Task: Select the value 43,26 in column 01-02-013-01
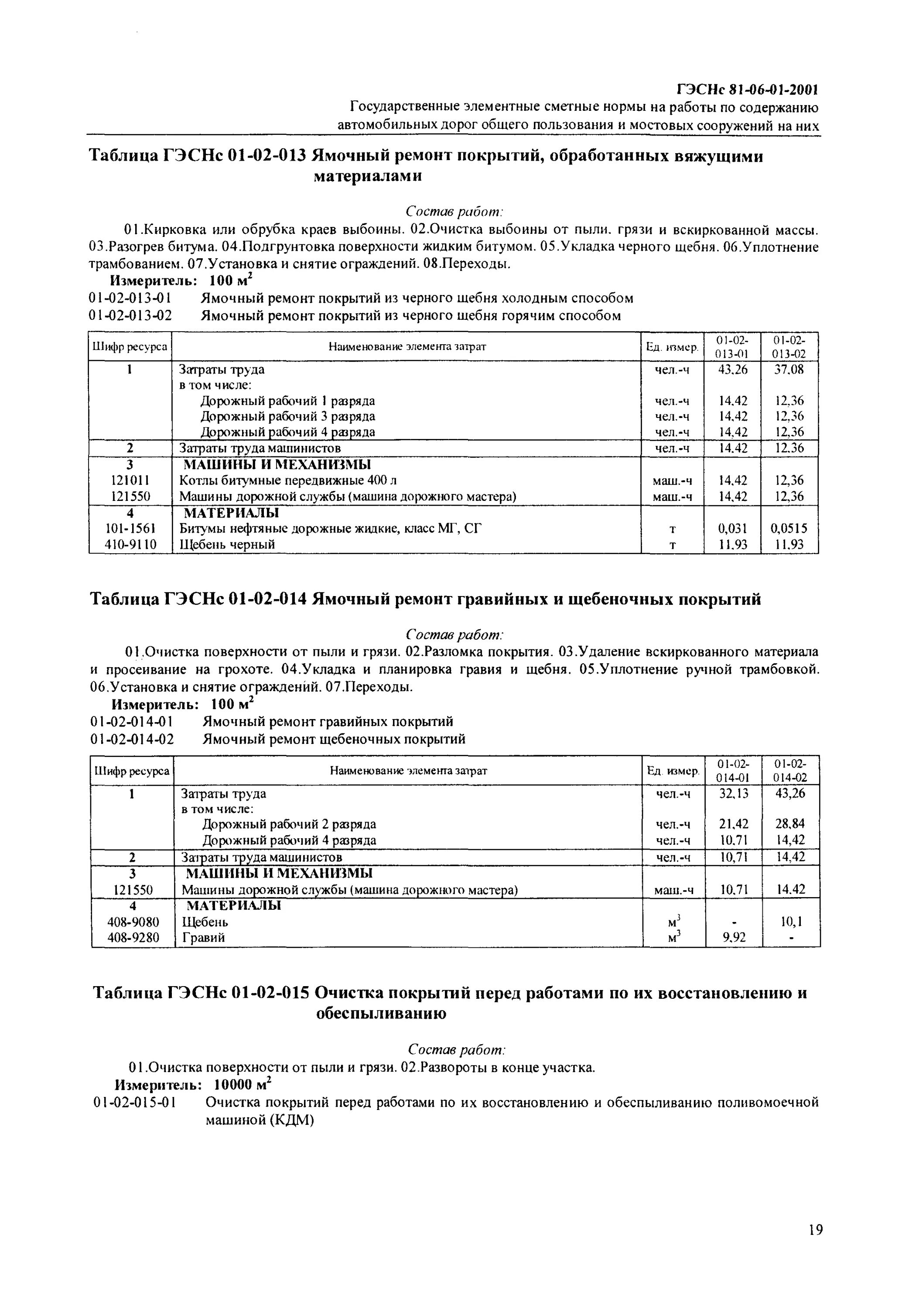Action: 732,369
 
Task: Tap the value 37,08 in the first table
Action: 789,369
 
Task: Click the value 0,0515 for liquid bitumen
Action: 789,528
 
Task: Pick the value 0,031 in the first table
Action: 732,528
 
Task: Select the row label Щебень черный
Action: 227,544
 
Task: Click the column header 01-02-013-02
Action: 789,346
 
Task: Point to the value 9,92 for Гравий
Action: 734,937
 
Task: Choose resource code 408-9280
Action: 133,937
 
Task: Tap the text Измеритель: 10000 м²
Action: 193,1085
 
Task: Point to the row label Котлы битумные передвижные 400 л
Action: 288,480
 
